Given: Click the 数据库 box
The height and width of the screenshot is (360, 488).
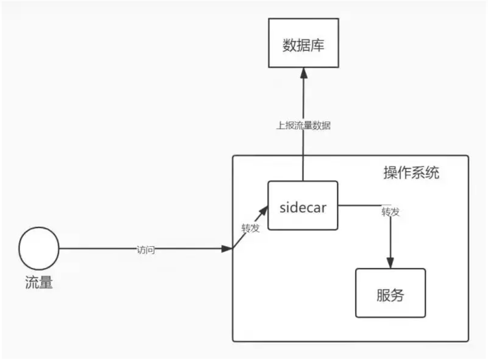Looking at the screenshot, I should click(x=304, y=43).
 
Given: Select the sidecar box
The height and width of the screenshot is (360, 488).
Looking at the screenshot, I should click(x=303, y=205).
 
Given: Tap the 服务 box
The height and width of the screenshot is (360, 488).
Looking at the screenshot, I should click(x=390, y=293).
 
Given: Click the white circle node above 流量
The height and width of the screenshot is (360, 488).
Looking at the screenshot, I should click(x=39, y=248).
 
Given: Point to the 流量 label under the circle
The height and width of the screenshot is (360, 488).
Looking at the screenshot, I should click(x=39, y=282).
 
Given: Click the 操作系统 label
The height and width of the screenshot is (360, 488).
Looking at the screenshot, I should click(x=411, y=173).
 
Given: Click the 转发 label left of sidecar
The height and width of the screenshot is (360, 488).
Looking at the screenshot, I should click(x=250, y=228).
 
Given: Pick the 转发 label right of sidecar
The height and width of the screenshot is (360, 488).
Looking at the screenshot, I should click(x=390, y=211).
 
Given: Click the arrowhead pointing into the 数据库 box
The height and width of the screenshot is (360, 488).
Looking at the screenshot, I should click(x=304, y=73).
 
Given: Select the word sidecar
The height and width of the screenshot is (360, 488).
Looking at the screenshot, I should click(x=303, y=208).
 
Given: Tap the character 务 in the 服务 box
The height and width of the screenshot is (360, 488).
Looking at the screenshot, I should click(x=397, y=295).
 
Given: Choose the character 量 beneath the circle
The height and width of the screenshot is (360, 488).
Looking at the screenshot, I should click(x=45, y=282).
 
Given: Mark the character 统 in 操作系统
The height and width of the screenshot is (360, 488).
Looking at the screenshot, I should click(x=432, y=173).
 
